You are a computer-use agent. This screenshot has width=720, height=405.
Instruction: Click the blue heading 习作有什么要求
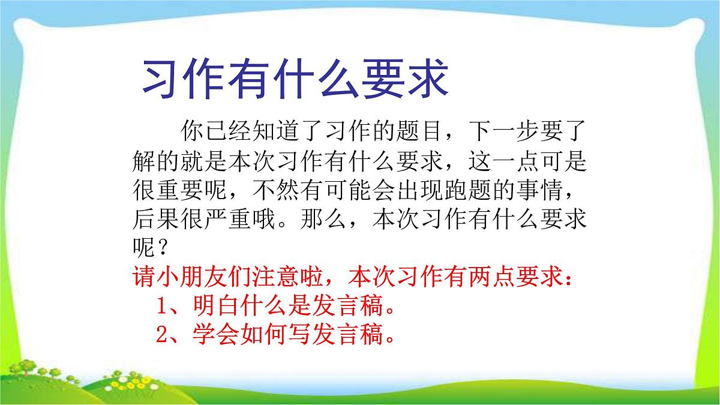tap(294, 80)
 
